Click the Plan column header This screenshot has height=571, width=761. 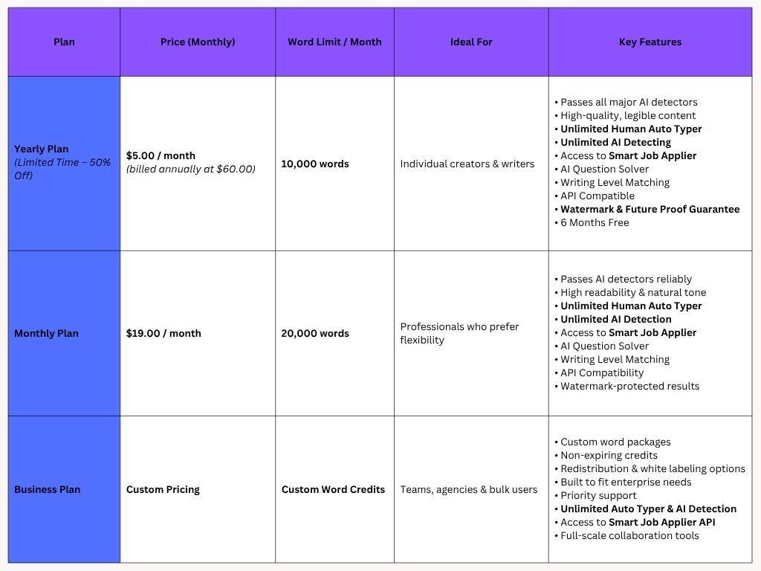coord(64,42)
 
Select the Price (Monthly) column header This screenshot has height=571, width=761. coord(198,42)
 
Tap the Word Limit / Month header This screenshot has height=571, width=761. coord(334,42)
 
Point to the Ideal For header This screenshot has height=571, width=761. coord(471,42)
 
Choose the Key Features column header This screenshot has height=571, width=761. coord(650,42)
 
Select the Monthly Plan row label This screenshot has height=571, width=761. coord(46,333)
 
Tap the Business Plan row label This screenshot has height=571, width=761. coord(48,489)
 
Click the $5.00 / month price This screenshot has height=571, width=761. coord(161,155)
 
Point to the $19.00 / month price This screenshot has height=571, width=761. coord(163,333)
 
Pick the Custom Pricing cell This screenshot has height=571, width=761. coord(163,489)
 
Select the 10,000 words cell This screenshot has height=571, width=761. coord(315,164)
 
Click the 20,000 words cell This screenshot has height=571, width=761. coord(315,333)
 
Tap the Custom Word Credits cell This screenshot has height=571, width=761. coord(333,489)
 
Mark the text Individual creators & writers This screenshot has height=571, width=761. coord(467,164)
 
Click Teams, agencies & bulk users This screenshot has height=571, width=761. coord(469,489)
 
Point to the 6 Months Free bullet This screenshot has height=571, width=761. coord(595,222)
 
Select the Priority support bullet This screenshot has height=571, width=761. coord(598,495)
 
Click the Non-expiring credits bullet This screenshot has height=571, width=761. coord(609,455)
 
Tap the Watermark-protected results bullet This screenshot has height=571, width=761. coord(629,386)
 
